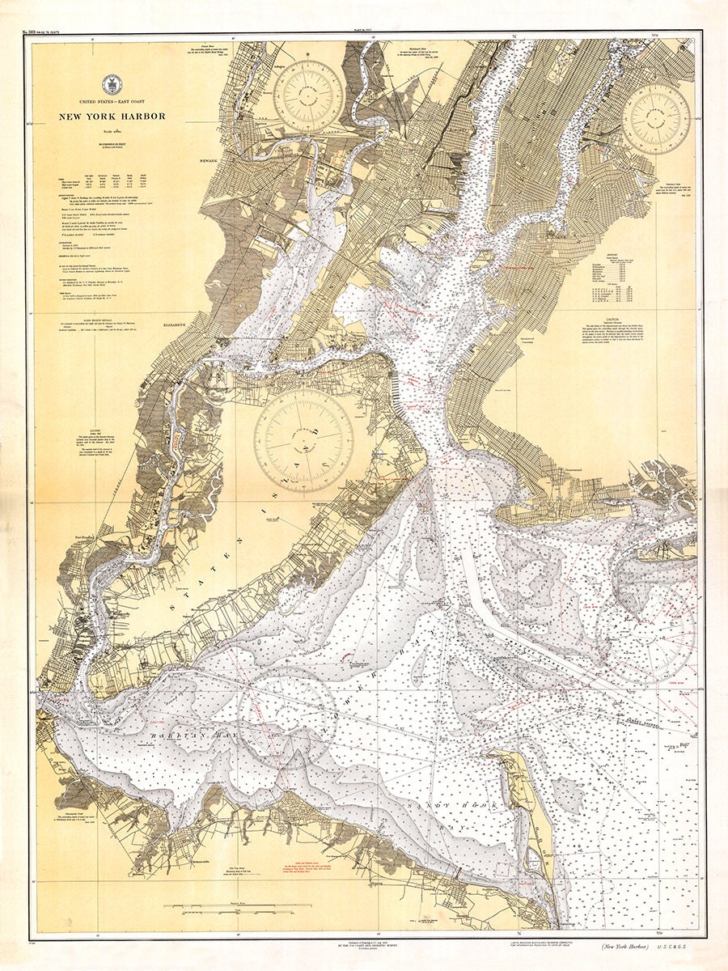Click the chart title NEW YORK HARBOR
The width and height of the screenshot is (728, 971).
(111, 117)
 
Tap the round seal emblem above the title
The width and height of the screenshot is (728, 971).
(111, 84)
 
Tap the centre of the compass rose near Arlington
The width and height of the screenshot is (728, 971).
(308, 95)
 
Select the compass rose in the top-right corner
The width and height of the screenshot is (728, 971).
(656, 119)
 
